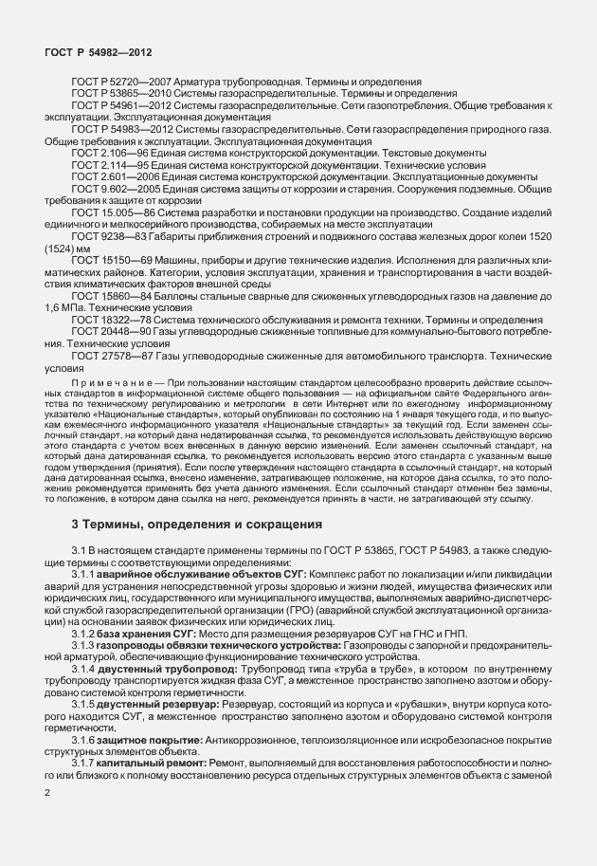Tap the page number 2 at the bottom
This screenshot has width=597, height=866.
tap(47, 792)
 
